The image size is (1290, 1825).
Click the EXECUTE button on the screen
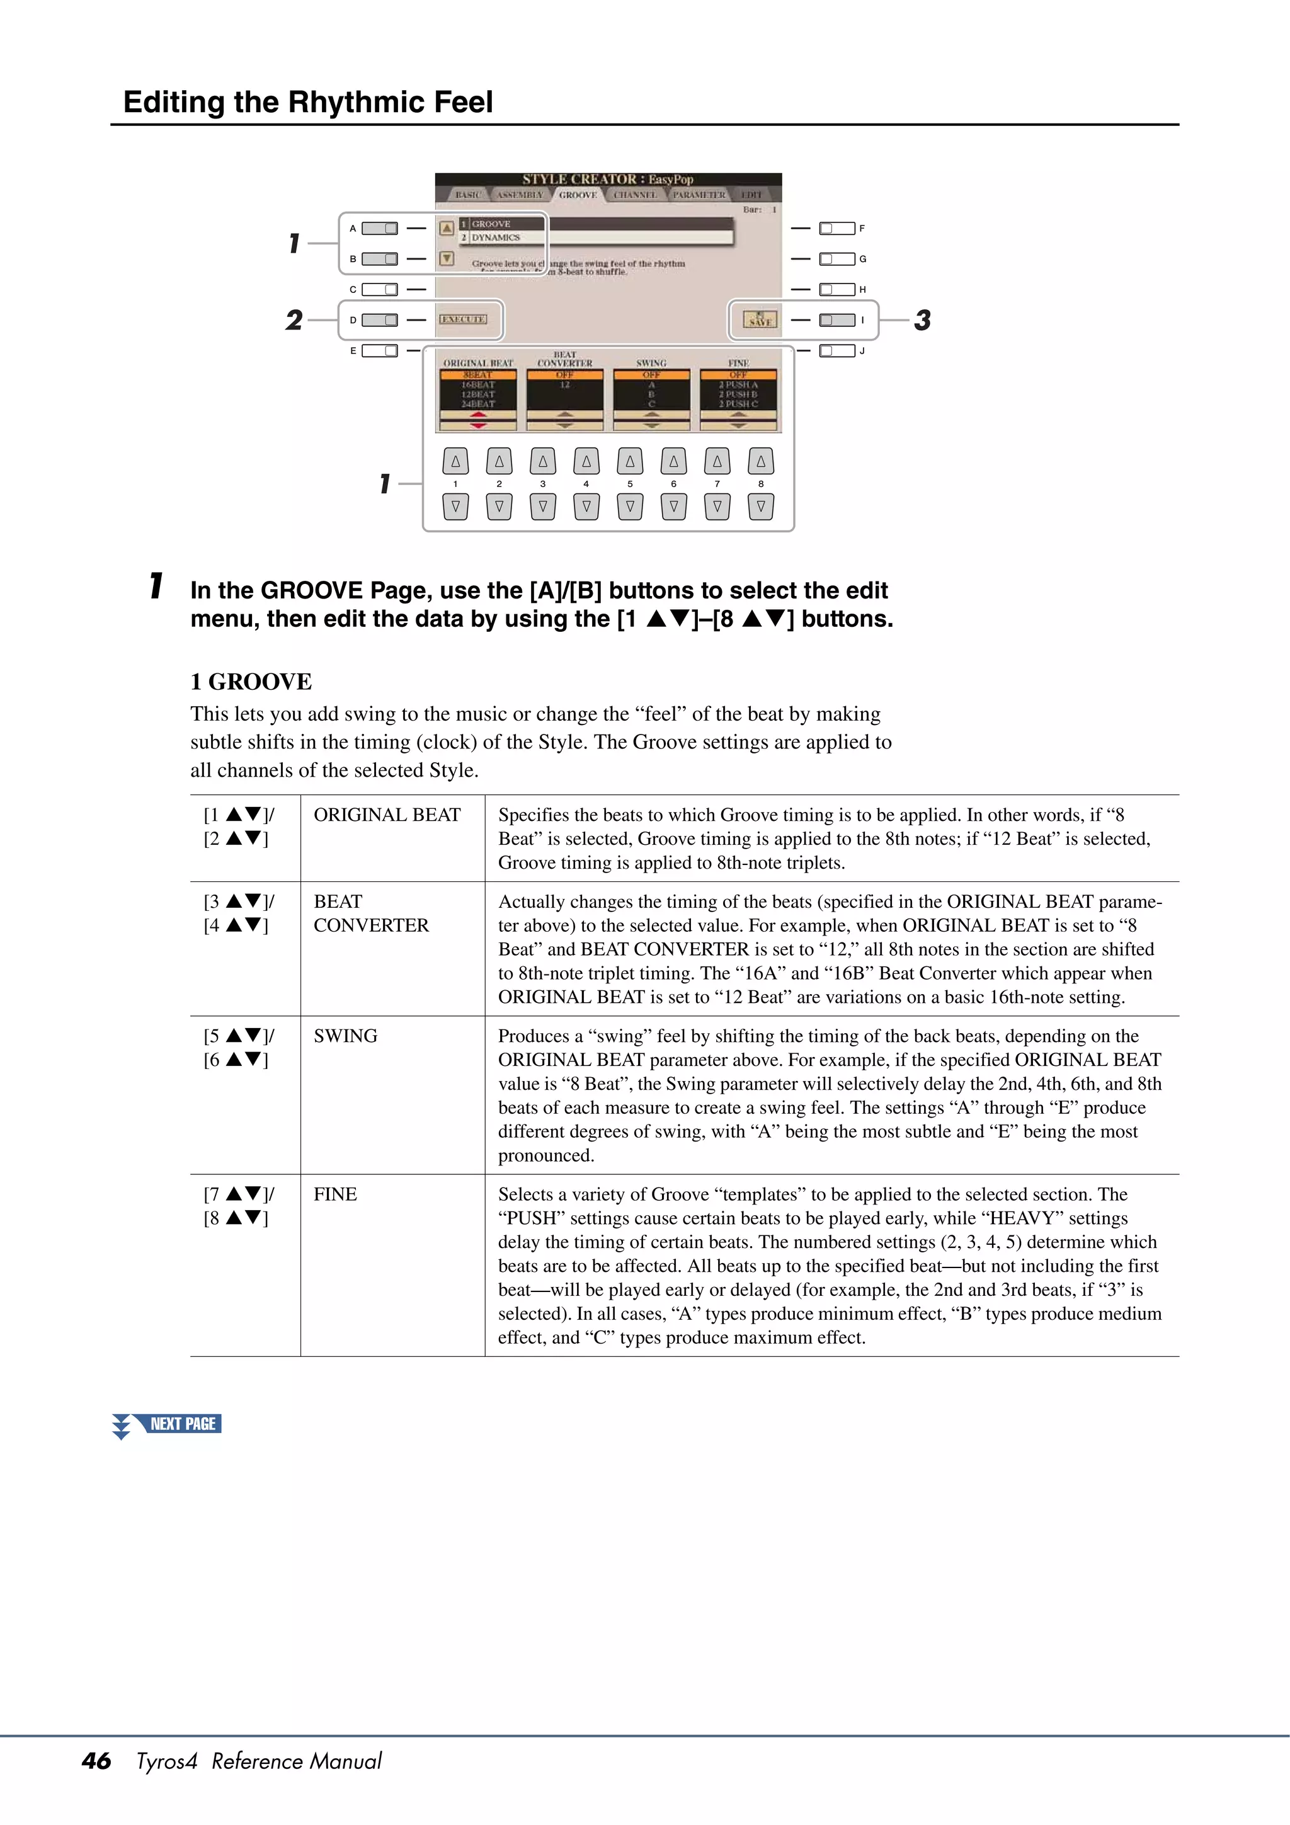click(x=464, y=319)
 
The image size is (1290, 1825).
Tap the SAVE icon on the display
click(x=760, y=319)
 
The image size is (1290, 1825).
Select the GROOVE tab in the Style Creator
click(x=577, y=195)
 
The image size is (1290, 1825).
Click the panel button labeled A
click(x=379, y=229)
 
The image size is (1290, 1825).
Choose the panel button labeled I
click(x=837, y=320)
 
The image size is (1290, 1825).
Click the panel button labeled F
click(x=837, y=229)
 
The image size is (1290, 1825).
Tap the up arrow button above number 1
click(x=455, y=461)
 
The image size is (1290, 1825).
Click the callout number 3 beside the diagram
click(x=922, y=320)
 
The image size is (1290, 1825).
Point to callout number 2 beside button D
click(x=294, y=320)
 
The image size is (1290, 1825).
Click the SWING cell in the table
click(x=345, y=1036)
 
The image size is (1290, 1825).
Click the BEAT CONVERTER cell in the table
click(x=370, y=913)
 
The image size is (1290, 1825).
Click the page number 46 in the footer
click(x=96, y=1761)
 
